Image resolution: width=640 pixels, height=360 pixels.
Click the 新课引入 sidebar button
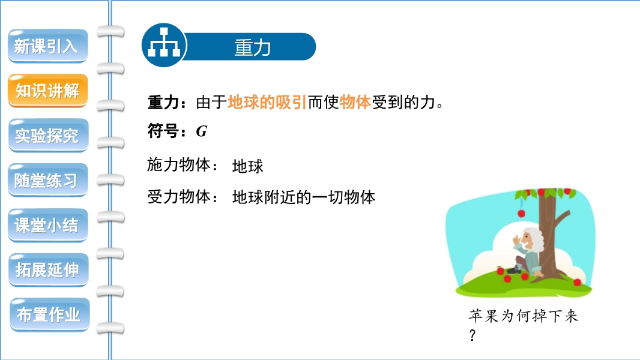48,46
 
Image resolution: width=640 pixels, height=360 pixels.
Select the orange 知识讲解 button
48,91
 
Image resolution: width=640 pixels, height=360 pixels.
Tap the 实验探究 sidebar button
48,136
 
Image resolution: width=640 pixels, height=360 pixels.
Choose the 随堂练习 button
48,180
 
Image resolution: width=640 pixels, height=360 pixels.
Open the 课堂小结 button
48,225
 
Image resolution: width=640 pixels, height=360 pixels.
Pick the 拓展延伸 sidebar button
48,270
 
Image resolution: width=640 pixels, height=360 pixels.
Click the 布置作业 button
49,315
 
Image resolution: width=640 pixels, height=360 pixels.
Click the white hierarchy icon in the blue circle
164,43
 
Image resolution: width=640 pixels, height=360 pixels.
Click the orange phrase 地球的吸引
267,103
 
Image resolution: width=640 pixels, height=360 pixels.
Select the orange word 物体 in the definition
355,103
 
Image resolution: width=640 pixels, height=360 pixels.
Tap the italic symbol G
202,131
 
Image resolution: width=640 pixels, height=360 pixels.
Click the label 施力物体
179,165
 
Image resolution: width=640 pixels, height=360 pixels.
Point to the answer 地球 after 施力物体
248,166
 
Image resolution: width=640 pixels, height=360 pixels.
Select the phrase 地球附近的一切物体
304,197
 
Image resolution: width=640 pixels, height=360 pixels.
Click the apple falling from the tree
521,213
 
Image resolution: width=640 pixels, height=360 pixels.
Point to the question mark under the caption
472,335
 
